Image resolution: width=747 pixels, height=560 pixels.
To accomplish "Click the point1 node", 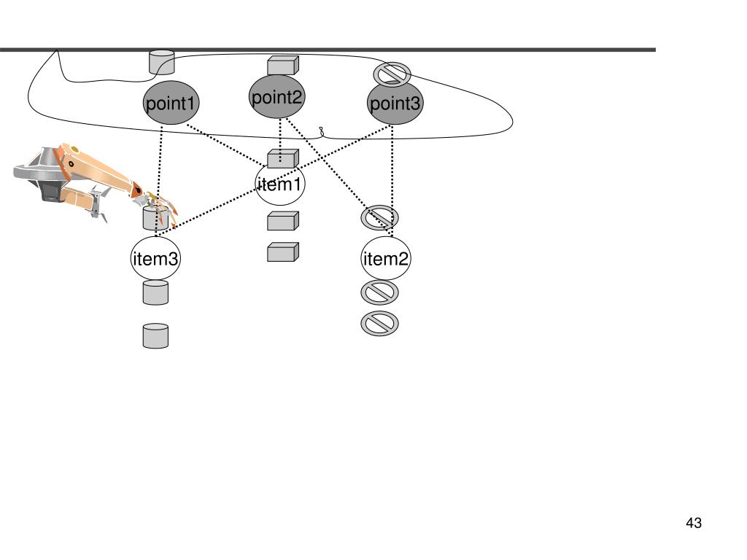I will point(171,104).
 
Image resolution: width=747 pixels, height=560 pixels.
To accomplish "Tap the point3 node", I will point(395,104).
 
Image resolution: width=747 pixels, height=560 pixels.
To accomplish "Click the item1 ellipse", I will point(279,184).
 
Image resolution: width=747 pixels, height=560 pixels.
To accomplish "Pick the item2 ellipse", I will point(386,258).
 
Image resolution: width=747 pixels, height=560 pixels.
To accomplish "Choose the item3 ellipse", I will point(155,258).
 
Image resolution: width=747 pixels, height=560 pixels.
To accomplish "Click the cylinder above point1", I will point(162,62).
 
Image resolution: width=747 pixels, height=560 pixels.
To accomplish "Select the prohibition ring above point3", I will point(392,74).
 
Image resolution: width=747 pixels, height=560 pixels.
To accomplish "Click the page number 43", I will point(694,523).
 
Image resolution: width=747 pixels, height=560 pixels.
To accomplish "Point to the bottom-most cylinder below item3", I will point(155,335).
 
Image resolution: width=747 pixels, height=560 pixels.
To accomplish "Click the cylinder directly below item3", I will point(155,292).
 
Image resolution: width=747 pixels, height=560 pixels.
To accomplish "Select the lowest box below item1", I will point(283,252).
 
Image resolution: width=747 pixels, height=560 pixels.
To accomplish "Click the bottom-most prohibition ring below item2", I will point(380,323).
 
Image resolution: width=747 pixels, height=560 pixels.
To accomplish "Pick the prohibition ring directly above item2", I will point(380,217).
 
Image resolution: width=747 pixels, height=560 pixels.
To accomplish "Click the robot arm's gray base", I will point(36,175).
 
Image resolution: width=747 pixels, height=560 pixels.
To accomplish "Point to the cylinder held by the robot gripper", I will point(155,217).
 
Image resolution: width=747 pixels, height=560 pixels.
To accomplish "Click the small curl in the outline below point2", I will point(322,133).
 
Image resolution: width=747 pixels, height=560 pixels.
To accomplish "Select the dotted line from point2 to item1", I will point(280,135).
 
